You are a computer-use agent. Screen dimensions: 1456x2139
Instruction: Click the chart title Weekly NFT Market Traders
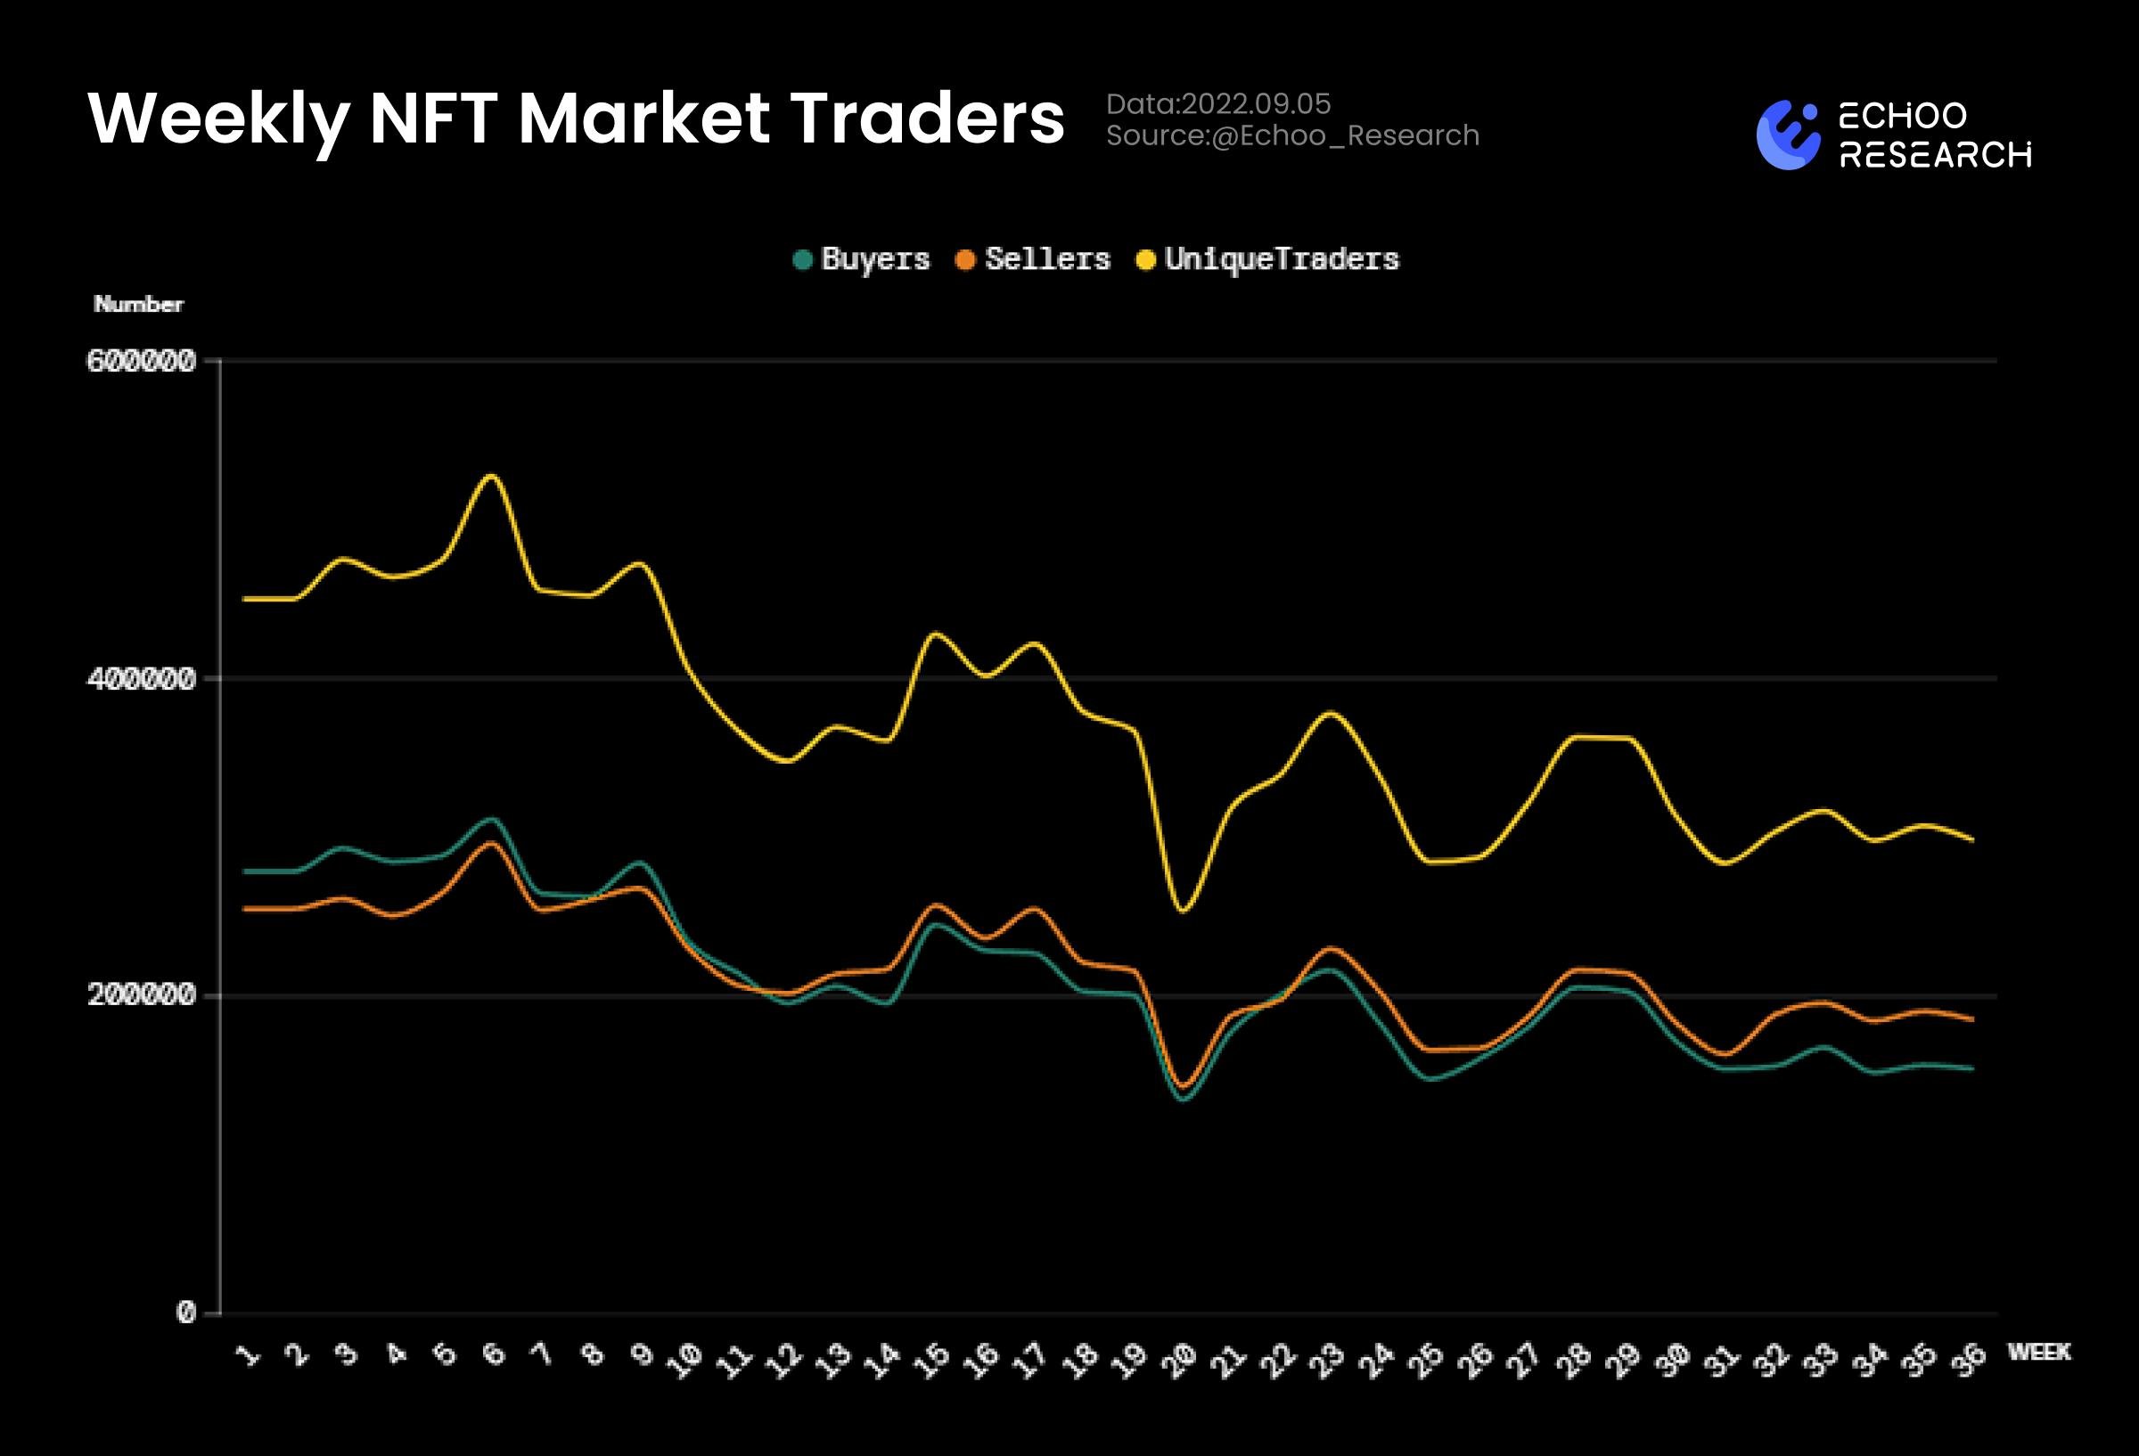pos(576,119)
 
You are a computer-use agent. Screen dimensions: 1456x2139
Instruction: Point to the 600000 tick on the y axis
pos(141,361)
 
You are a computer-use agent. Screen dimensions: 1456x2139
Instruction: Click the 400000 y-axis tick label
pos(141,679)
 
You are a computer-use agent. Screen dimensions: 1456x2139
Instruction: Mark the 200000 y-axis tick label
pos(141,995)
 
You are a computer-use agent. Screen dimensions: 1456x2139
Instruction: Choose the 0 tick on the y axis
pos(186,1313)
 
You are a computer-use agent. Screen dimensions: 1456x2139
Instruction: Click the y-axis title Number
pos(138,305)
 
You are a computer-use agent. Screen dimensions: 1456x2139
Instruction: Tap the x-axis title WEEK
pos(2039,1352)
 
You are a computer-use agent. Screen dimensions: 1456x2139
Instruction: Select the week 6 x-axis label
pos(495,1354)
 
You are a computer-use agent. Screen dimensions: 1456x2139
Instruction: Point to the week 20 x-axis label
pos(1178,1360)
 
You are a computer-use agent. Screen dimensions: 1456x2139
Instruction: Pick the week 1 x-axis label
pos(248,1354)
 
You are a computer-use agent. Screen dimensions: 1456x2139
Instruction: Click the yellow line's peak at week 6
pos(491,476)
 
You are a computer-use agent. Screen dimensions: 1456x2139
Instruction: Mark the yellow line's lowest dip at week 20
pos(1183,911)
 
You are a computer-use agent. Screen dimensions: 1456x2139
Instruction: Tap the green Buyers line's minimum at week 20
pos(1184,1099)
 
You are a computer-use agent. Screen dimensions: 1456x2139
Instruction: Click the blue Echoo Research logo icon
pos(1788,135)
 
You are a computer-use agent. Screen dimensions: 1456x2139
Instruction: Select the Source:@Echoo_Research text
pos(1292,136)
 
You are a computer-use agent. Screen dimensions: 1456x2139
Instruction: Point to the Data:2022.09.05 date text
pos(1217,104)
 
